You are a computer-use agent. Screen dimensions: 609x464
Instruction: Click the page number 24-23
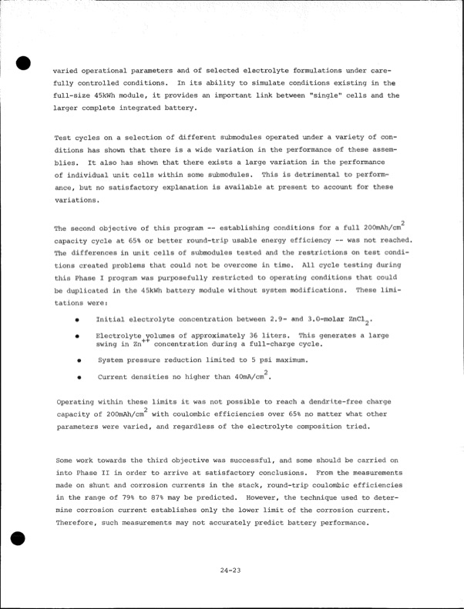click(232, 571)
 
